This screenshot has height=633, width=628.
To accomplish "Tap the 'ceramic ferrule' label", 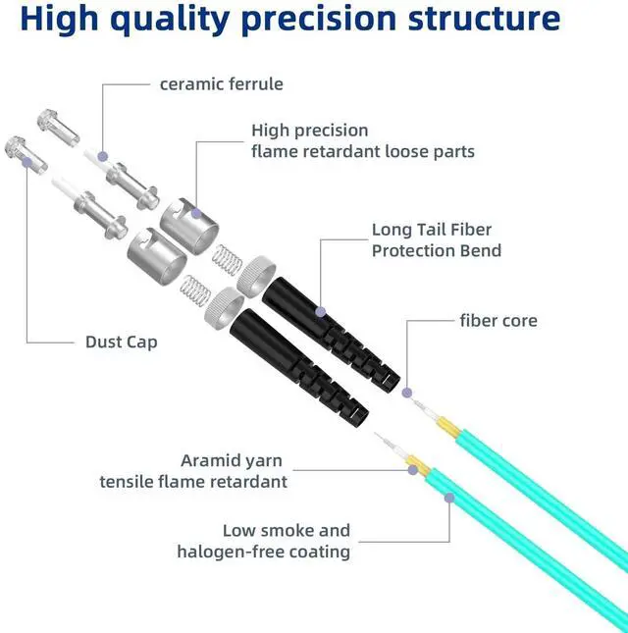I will point(222,83).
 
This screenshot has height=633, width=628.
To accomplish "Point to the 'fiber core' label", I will point(498,320).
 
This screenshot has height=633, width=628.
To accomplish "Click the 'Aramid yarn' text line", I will point(233,459).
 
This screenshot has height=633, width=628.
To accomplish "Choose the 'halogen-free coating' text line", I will point(263,552).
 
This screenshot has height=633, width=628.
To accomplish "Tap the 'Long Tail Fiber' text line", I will point(432,230).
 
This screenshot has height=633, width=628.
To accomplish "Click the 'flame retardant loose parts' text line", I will point(363,151).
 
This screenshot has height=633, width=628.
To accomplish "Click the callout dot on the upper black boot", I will point(320,311).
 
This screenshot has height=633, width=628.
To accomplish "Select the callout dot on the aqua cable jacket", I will point(449,498).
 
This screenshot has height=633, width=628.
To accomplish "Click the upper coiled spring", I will point(226,260).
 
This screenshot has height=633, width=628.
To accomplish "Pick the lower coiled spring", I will point(195,290).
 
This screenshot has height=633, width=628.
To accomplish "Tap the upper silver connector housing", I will point(186,217).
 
